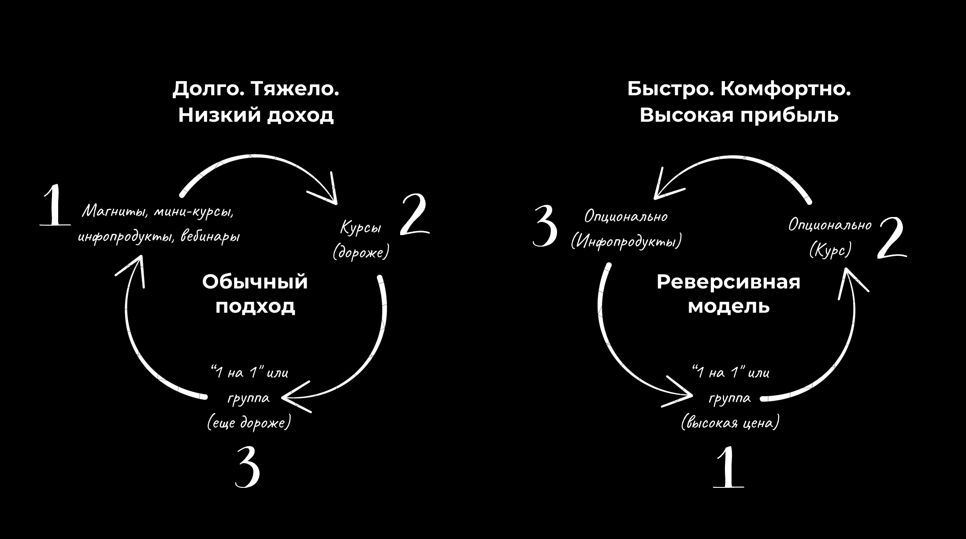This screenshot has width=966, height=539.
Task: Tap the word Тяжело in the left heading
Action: click(x=295, y=90)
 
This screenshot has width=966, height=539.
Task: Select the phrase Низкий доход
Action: click(x=256, y=116)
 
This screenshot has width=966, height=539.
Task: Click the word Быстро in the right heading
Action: click(x=669, y=90)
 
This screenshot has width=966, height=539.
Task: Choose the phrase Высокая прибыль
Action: click(x=739, y=116)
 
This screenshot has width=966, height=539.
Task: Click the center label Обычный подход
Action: click(x=255, y=294)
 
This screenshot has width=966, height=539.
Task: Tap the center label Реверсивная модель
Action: click(x=728, y=294)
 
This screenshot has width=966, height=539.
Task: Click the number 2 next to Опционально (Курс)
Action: click(x=891, y=238)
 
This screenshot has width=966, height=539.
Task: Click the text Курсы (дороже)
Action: click(x=361, y=240)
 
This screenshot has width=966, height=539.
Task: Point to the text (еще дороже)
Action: click(x=249, y=423)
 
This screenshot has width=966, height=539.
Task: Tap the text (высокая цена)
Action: click(x=730, y=423)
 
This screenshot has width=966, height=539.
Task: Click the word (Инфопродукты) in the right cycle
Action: click(x=626, y=242)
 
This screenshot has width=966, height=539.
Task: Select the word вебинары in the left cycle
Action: click(x=211, y=236)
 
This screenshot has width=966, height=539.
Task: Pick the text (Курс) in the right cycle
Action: click(x=830, y=251)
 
